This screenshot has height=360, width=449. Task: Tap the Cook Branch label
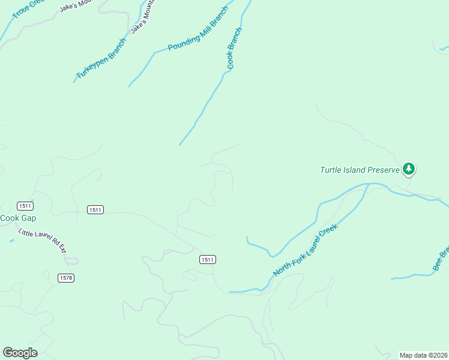click(235, 48)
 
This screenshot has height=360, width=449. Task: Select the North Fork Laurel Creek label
click(306, 250)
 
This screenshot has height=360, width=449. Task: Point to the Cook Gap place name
click(18, 218)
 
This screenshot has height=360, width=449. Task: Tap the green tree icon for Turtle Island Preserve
click(409, 169)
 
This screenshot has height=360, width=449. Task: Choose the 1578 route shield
click(66, 278)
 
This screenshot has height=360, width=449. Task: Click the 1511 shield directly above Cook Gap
click(25, 205)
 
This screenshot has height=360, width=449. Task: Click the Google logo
click(20, 353)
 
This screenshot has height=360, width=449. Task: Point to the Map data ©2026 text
click(424, 355)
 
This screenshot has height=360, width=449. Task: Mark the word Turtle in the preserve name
click(330, 170)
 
